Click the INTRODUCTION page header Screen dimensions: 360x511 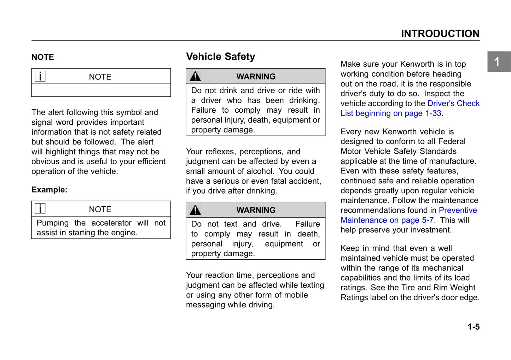[440, 34]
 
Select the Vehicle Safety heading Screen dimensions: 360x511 [220, 57]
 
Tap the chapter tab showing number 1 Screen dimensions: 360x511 [497, 61]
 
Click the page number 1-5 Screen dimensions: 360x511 [473, 327]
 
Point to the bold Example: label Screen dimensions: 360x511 [49, 190]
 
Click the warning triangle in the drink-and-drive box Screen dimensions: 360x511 [195, 76]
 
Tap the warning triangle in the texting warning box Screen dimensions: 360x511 [195, 210]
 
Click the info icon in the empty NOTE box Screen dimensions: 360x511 [40, 76]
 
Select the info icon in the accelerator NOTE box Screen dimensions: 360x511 [40, 209]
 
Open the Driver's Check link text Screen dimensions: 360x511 [453, 104]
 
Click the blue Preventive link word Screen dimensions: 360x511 [458, 210]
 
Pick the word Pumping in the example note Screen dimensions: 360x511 [52, 223]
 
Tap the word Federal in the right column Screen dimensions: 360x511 [452, 142]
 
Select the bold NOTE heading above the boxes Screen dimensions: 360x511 [43, 57]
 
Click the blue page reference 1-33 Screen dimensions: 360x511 [433, 113]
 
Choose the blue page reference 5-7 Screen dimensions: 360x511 [428, 220]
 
